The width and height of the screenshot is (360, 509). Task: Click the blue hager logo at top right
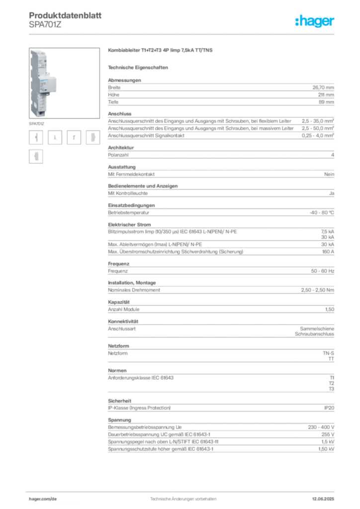click(316, 21)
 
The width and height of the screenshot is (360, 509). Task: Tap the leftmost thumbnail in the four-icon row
click(35, 138)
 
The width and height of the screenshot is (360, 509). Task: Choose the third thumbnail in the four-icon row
click(75, 138)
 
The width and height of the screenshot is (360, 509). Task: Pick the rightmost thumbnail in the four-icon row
click(92, 138)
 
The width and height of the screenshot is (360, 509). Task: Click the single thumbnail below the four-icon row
click(35, 157)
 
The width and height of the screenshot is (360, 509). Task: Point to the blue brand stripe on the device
click(46, 72)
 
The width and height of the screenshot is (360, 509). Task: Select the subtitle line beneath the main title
click(140, 67)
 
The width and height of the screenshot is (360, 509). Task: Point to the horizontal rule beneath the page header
click(183, 33)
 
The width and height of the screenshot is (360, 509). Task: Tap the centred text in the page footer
click(183, 497)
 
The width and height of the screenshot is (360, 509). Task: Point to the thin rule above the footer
click(183, 490)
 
